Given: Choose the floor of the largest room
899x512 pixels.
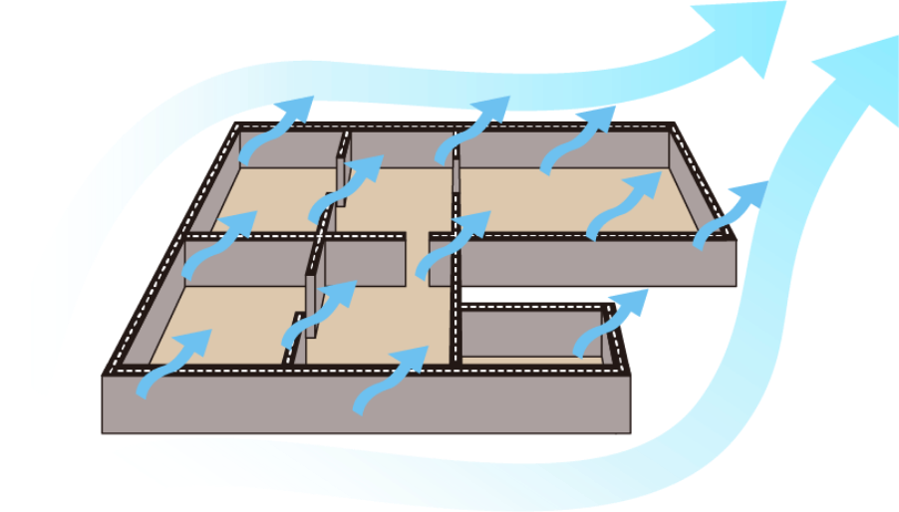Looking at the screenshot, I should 558,199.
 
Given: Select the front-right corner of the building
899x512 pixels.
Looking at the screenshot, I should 628,379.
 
